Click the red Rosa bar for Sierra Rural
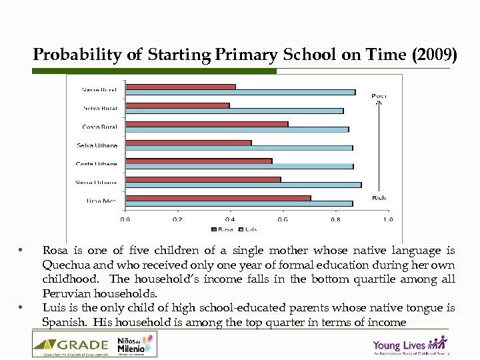(180, 87)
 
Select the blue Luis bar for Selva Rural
(234, 111)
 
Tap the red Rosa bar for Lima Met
(217, 198)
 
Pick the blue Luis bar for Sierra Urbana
(243, 185)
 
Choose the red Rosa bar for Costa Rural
(206, 124)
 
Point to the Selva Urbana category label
(97, 145)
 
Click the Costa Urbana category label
(97, 164)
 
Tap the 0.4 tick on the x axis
(230, 219)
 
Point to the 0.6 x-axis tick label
(283, 219)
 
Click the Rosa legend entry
(223, 229)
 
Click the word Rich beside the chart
(379, 198)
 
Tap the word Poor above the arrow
(379, 96)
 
